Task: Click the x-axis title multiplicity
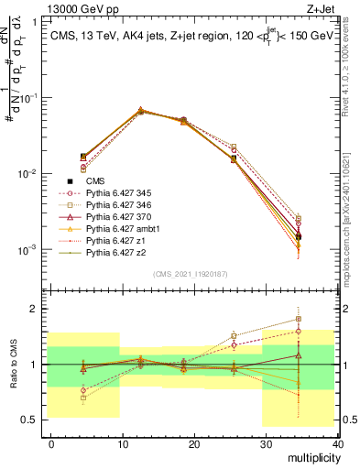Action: point(313,456)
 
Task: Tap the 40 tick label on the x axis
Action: point(338,442)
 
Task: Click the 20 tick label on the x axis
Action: point(194,442)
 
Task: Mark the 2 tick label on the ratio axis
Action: point(36,309)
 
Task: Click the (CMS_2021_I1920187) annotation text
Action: point(193,274)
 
